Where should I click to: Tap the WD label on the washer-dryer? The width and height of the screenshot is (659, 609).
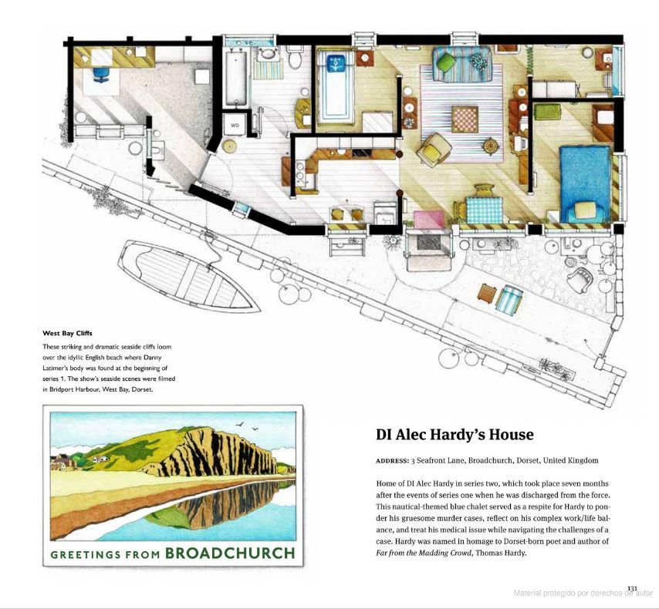click(x=235, y=125)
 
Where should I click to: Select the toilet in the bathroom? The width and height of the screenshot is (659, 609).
click(x=295, y=59)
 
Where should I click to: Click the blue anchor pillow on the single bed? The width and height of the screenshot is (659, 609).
click(x=336, y=63)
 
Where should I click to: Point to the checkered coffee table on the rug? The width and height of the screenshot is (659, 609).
click(x=465, y=119)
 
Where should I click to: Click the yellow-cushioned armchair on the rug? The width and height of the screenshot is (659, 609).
click(x=434, y=149)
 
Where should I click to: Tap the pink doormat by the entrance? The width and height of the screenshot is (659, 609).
click(x=429, y=220)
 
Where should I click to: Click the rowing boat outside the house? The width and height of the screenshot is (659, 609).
click(x=189, y=274)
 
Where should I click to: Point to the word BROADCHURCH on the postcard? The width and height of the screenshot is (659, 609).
click(x=230, y=553)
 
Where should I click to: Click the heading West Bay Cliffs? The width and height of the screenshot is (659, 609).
click(x=67, y=333)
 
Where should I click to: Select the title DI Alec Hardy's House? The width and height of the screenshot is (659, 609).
click(x=455, y=434)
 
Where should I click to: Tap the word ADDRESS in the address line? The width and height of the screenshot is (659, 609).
click(x=392, y=461)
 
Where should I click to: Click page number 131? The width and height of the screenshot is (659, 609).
click(x=632, y=588)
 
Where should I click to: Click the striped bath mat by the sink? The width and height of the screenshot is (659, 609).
click(x=268, y=69)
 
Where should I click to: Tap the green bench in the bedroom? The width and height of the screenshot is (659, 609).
click(x=548, y=111)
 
